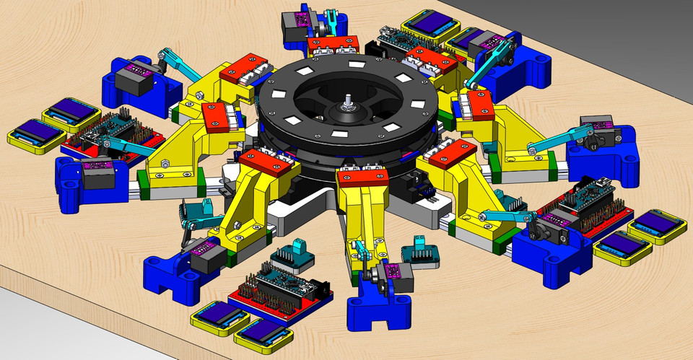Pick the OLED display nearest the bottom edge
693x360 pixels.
pos(263,334)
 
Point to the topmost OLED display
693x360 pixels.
pos(428,25)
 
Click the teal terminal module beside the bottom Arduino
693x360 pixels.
pos(289,255)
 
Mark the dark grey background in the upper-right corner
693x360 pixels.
pos(635,29)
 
